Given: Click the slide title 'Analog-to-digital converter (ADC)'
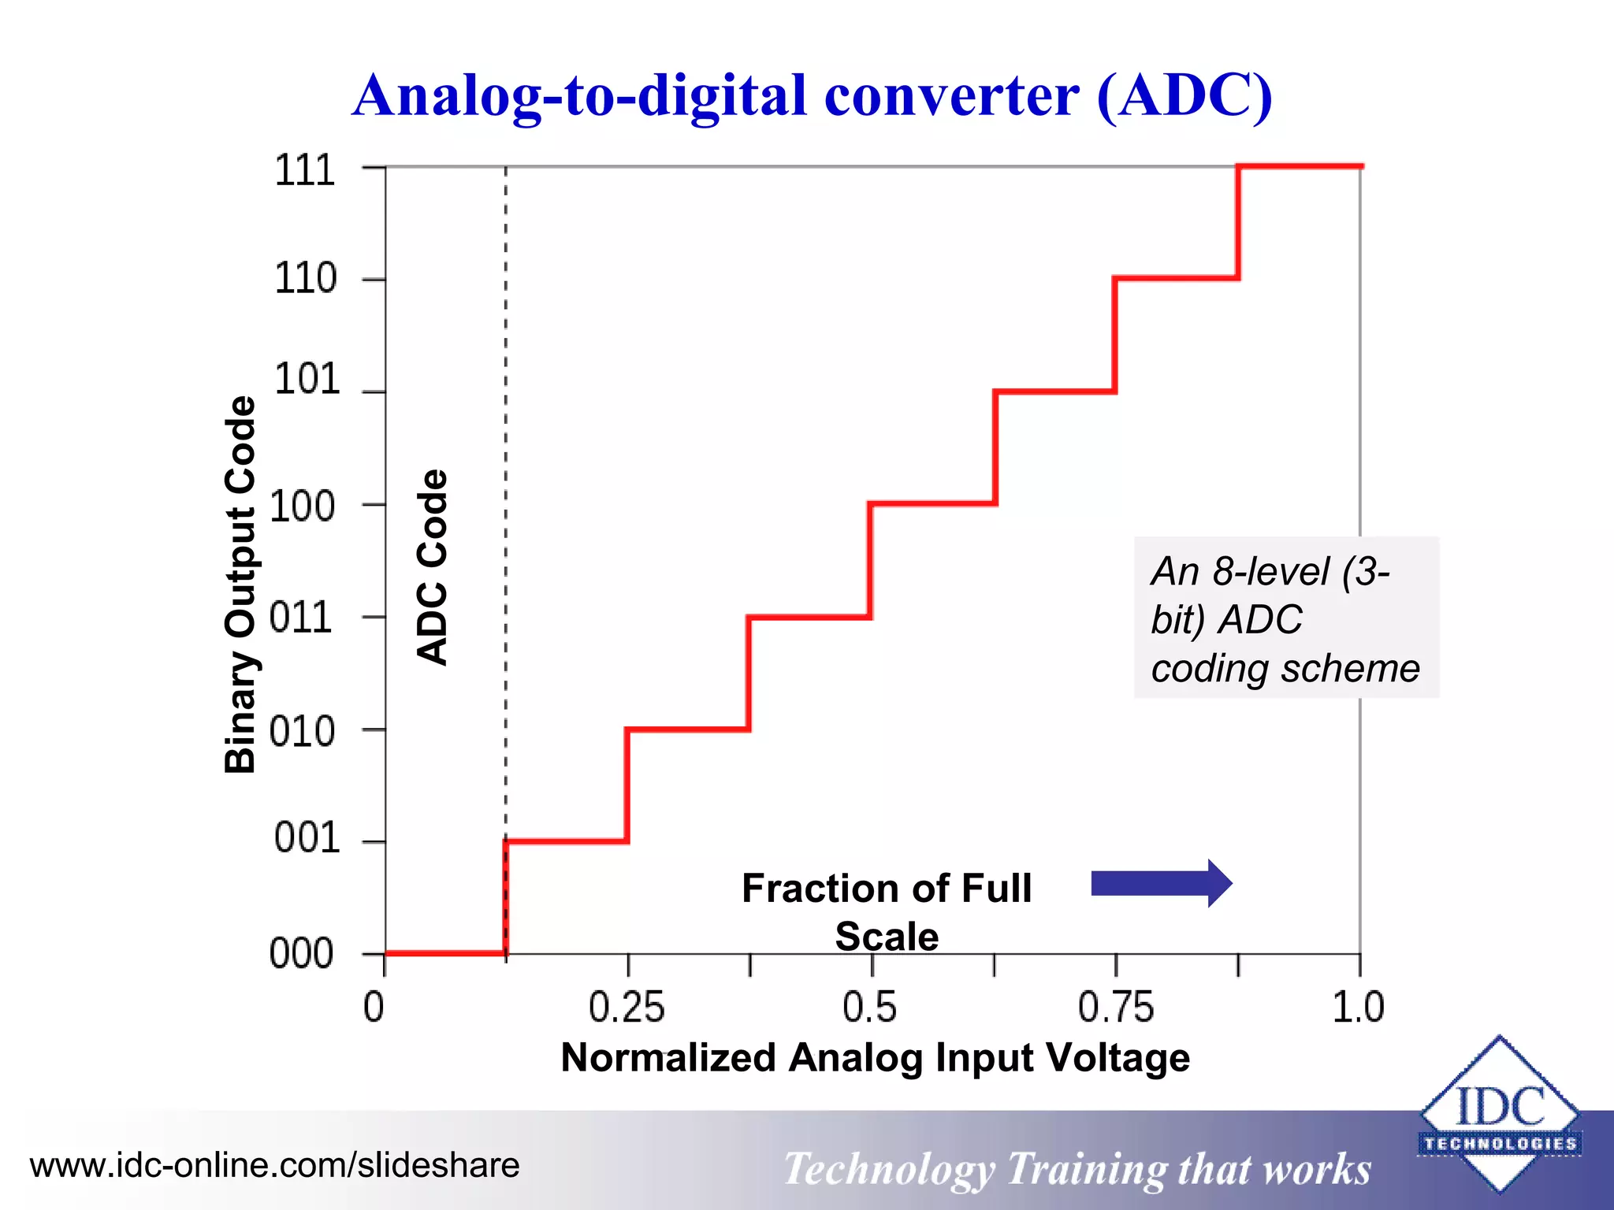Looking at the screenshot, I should click(x=812, y=96).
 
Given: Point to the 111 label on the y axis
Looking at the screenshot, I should click(x=304, y=170).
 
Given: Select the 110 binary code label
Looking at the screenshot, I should click(x=305, y=279).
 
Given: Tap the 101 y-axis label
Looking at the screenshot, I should click(x=307, y=380).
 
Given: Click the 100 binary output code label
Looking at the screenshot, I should click(x=303, y=507).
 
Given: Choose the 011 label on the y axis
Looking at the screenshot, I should click(x=301, y=618).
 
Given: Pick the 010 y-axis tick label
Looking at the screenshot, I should click(x=302, y=732).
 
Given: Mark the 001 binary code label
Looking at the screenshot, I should click(x=307, y=837).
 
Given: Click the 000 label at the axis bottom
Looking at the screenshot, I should click(x=301, y=954).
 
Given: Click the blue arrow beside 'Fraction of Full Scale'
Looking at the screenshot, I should click(x=1161, y=884).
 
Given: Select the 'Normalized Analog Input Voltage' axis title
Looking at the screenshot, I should click(x=875, y=1058).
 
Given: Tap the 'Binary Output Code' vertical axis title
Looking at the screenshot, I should click(x=240, y=585).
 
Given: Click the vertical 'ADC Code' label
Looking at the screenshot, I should click(x=432, y=567).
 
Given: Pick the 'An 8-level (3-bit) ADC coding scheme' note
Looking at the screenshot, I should click(x=1285, y=618).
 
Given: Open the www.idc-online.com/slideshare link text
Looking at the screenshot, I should click(x=274, y=1165).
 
